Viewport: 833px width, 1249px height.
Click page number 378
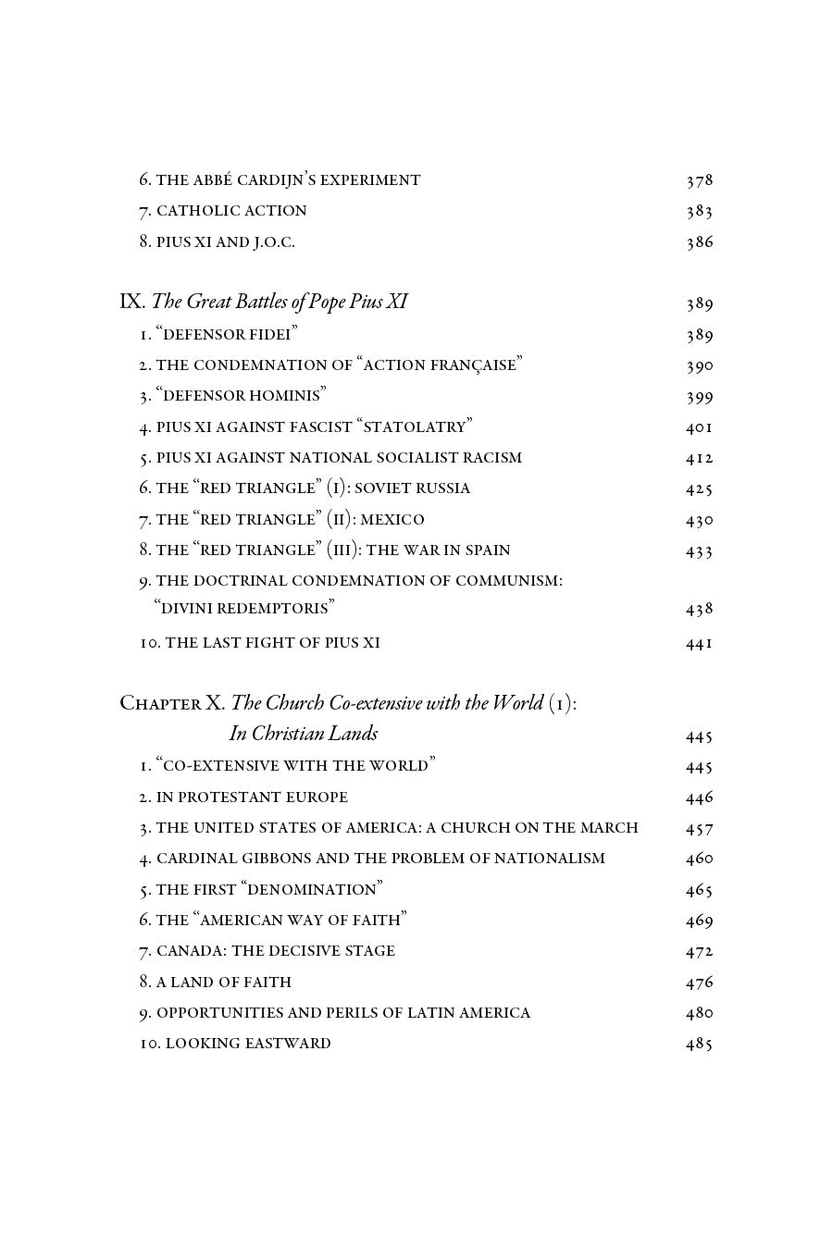(x=699, y=180)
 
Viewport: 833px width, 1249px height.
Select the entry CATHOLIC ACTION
(x=231, y=211)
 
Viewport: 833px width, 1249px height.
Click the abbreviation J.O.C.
(x=274, y=242)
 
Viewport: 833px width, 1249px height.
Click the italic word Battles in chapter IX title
(x=242, y=302)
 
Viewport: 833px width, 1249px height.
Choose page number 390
(x=699, y=365)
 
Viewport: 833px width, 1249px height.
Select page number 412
(x=699, y=458)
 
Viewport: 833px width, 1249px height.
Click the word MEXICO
(x=392, y=520)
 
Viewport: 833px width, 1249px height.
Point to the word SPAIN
(x=482, y=550)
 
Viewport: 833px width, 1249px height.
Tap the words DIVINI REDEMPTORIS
(x=244, y=609)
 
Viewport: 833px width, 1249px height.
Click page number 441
(x=699, y=643)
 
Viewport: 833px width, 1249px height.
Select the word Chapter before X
(x=160, y=703)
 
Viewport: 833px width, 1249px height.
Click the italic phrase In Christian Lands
(x=304, y=734)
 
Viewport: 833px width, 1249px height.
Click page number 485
(x=699, y=1044)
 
